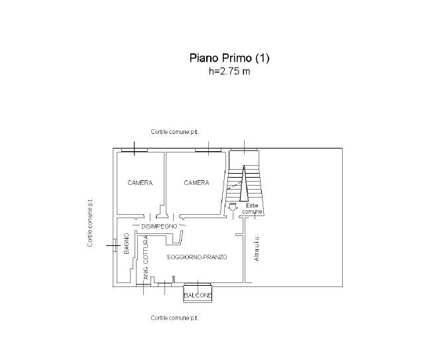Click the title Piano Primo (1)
click(x=229, y=58)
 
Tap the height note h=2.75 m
click(x=229, y=71)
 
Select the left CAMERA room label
click(x=140, y=183)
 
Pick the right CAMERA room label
click(x=196, y=183)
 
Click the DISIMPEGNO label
click(x=159, y=226)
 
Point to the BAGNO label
click(x=127, y=243)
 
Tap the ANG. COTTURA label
click(x=145, y=258)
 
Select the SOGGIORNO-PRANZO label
click(x=197, y=257)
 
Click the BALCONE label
click(x=198, y=296)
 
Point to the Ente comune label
click(x=252, y=209)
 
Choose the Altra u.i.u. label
click(x=257, y=249)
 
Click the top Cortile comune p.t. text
click(x=174, y=132)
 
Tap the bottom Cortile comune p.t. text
click(x=174, y=318)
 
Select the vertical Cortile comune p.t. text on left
click(x=90, y=223)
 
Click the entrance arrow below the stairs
click(x=232, y=208)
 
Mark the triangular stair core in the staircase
click(x=244, y=184)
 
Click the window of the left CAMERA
click(x=134, y=150)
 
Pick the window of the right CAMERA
click(x=208, y=150)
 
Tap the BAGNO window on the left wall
click(x=115, y=245)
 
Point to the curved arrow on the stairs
click(x=235, y=185)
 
